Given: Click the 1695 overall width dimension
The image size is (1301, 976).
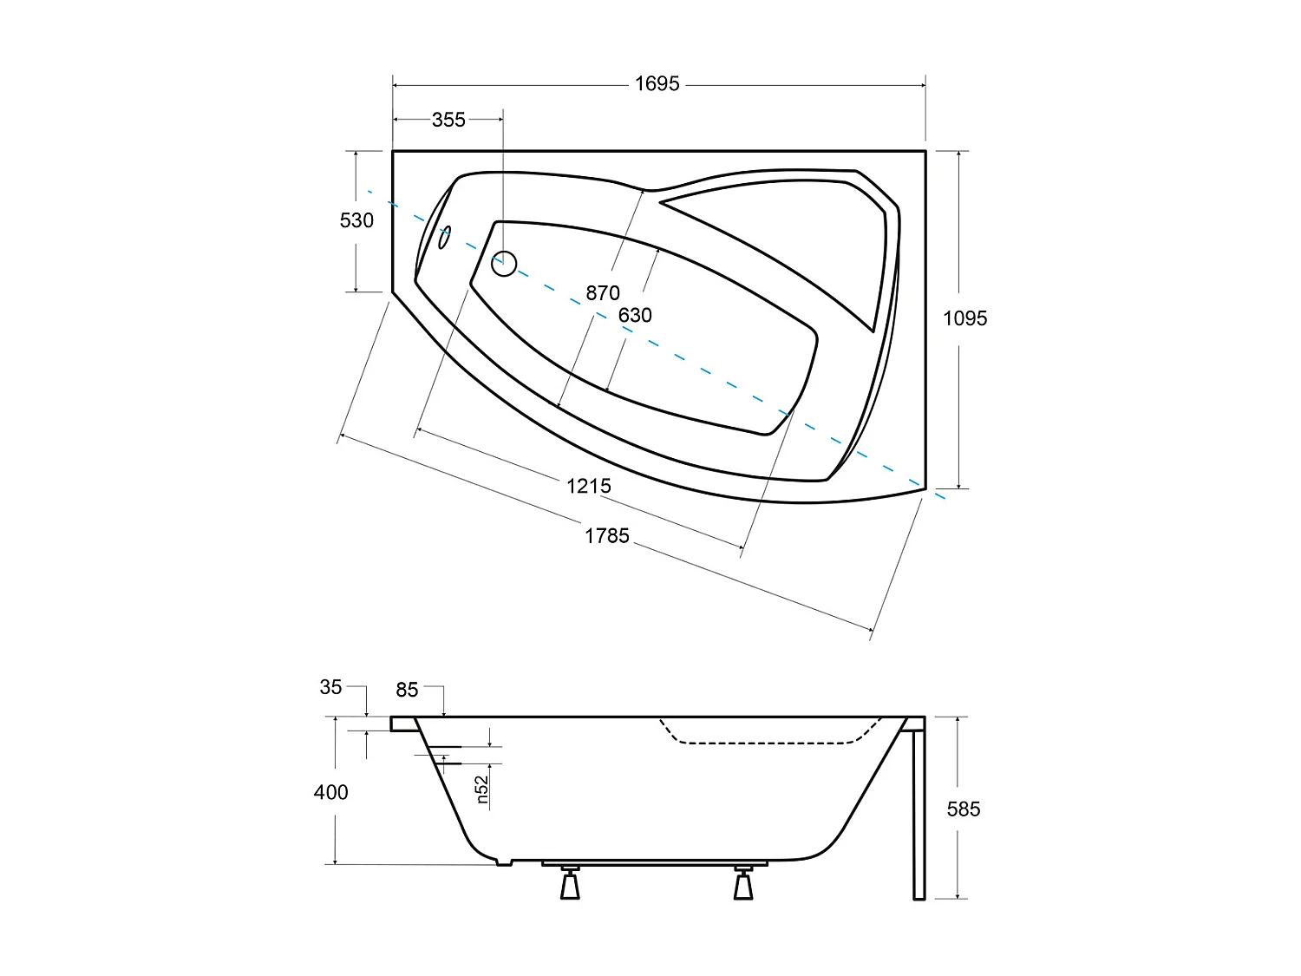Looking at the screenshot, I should point(657,84).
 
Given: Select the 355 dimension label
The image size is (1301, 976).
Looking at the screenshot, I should point(448,120).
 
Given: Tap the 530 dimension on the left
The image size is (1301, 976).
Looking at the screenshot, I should point(356,220).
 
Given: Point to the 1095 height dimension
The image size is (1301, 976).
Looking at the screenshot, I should point(964,318).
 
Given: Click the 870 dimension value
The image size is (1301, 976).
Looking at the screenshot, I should point(602,293).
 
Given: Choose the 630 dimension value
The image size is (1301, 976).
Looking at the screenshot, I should point(635,315).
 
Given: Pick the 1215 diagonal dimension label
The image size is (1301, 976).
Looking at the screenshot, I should point(589,486).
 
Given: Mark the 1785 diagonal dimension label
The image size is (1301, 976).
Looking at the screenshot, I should point(606,536).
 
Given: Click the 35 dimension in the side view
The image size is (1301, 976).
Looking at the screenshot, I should point(330,687).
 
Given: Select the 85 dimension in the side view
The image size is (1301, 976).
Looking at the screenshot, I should point(407,690).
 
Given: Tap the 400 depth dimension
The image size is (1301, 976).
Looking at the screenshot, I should point(330,792).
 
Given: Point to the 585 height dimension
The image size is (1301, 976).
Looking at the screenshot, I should point(964,809).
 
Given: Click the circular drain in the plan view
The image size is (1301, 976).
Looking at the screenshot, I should point(504,263).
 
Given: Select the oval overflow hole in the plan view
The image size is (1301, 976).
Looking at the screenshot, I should point(445,237).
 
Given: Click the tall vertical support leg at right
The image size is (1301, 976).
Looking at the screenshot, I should point(919,811).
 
